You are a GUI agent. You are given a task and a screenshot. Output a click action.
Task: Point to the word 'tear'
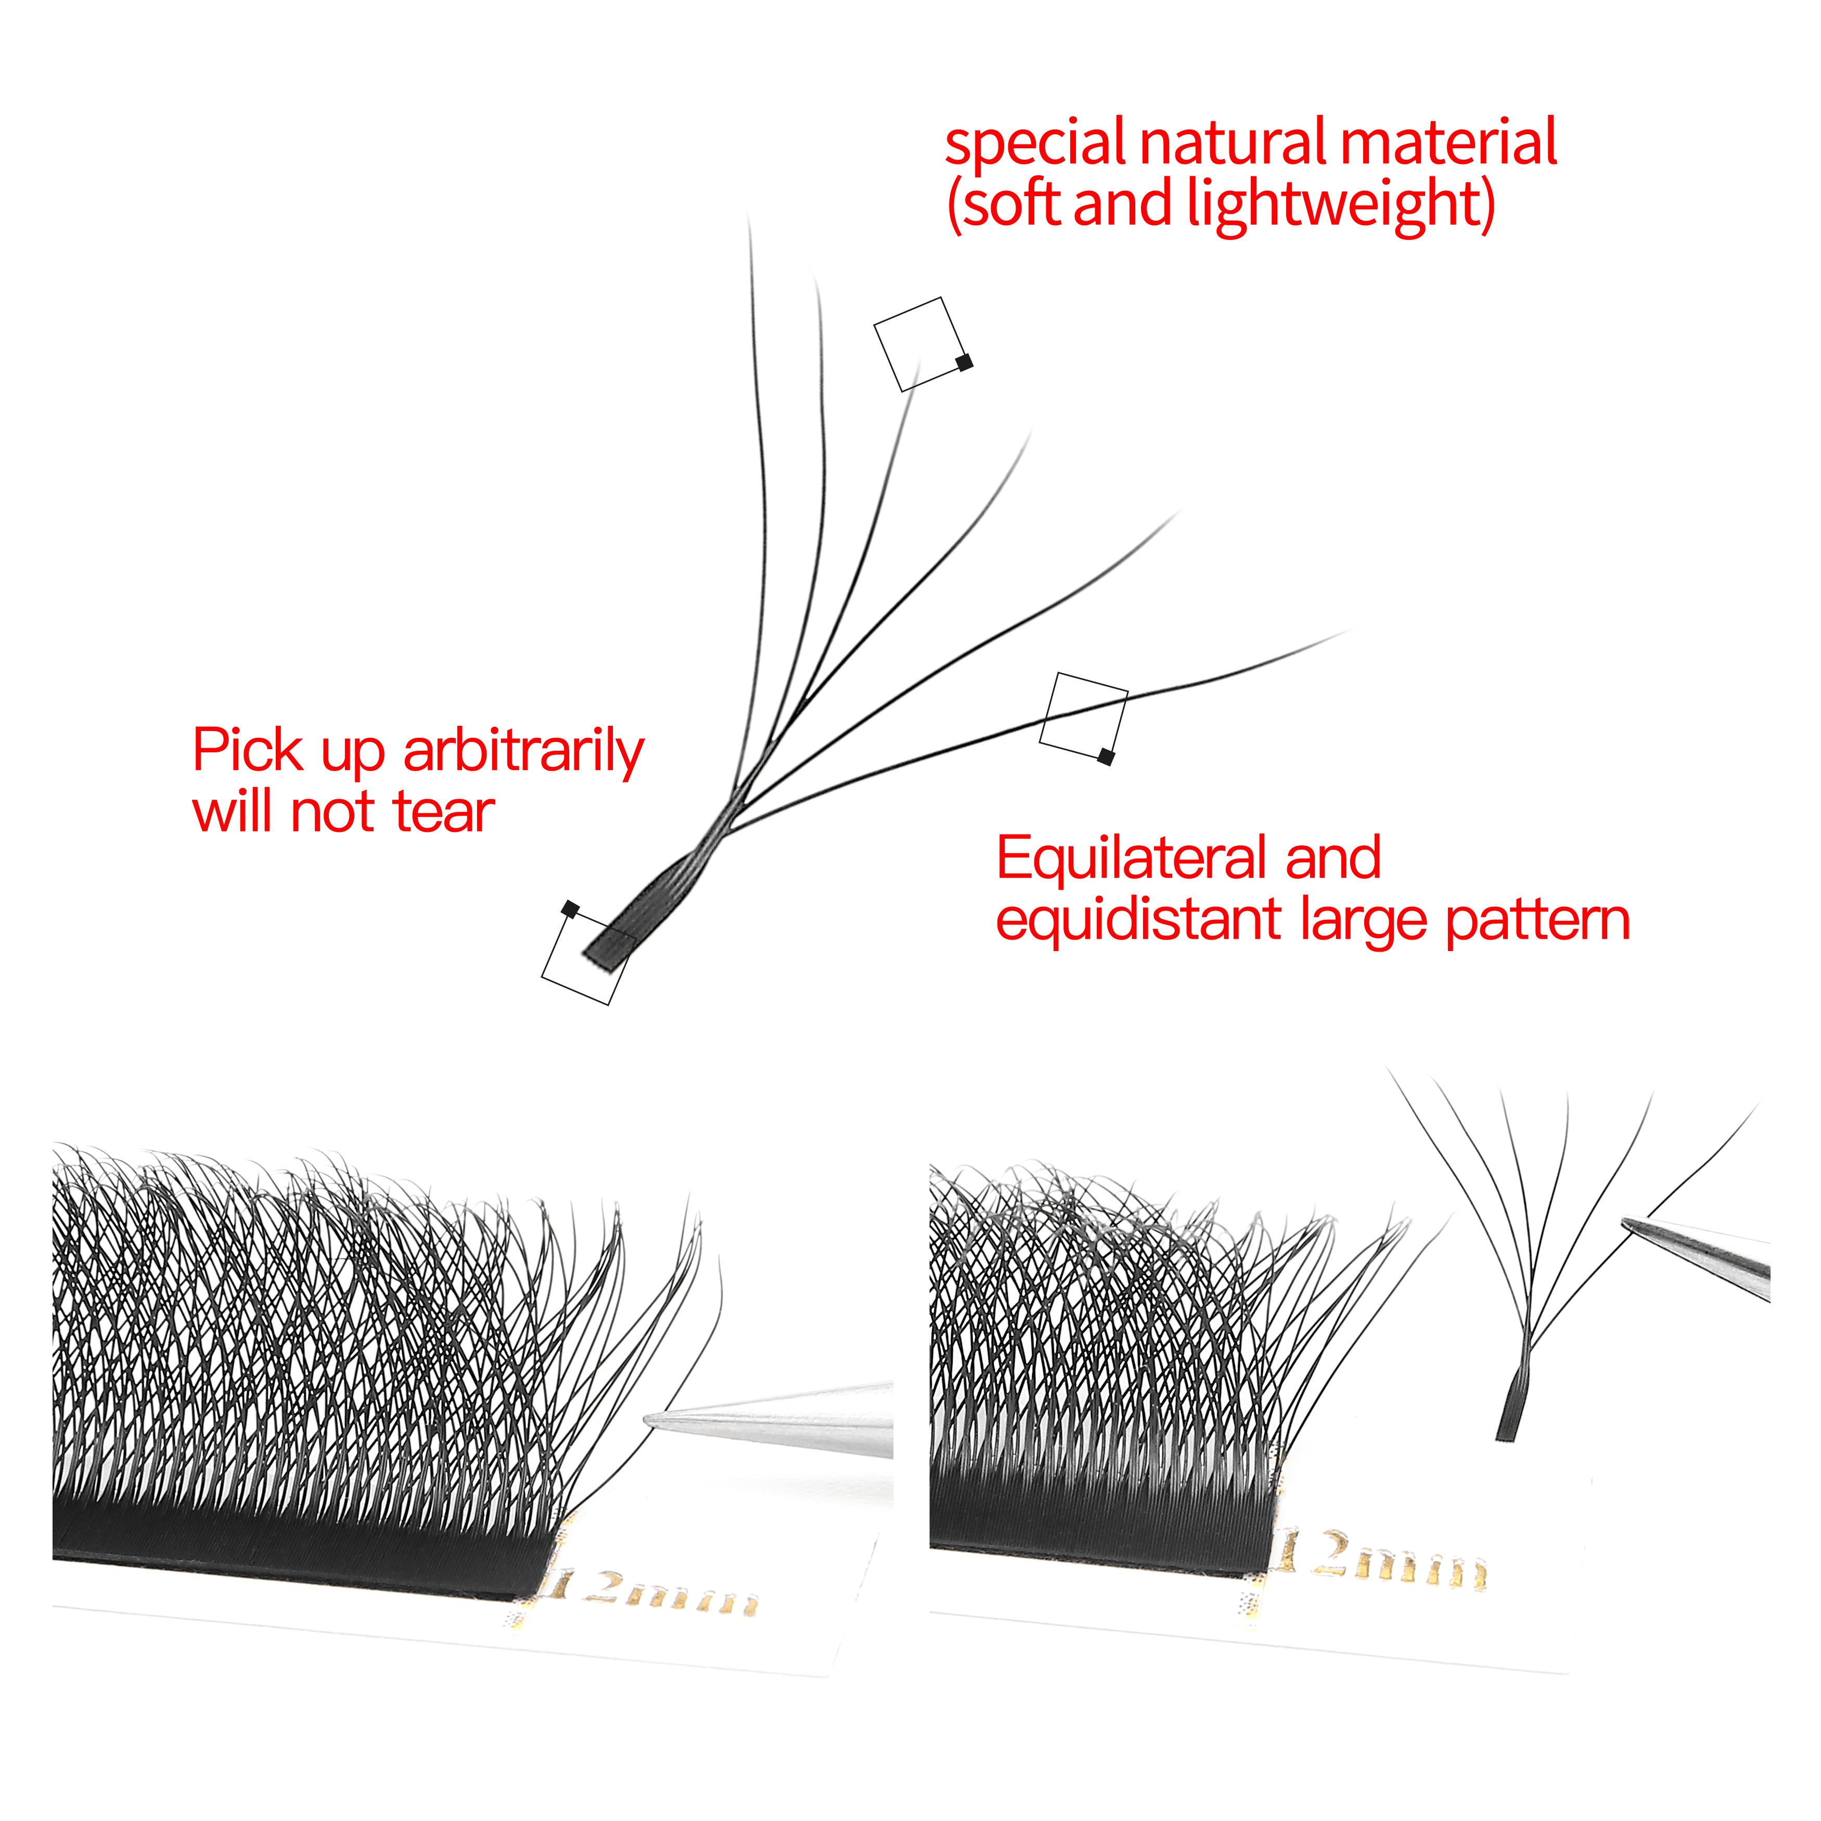(x=443, y=813)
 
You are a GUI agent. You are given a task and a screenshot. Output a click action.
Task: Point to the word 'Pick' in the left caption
(x=248, y=752)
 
